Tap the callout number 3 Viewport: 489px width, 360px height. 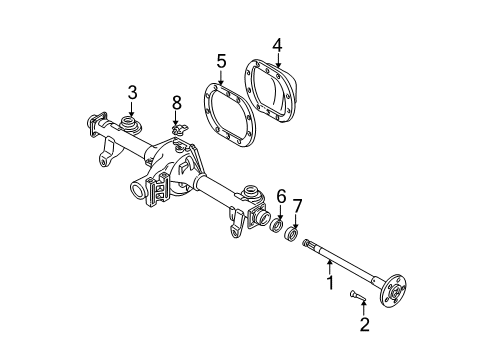point(132,93)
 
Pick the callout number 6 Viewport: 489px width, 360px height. point(281,196)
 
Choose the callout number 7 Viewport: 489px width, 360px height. point(296,205)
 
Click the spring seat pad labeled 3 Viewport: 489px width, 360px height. point(130,127)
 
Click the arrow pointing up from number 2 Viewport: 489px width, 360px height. point(365,309)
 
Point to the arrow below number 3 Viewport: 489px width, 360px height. point(132,109)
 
